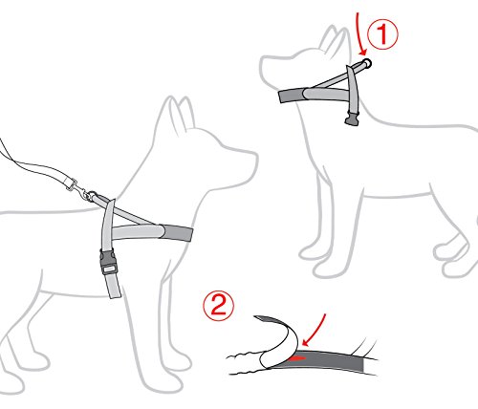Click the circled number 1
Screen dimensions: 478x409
pos(382,34)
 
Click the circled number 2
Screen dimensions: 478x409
pos(219,308)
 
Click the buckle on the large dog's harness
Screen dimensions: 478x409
pos(108,262)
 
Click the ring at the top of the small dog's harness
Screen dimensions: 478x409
pos(367,64)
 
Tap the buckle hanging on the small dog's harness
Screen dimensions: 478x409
pos(352,118)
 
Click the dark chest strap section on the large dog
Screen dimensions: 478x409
pos(177,232)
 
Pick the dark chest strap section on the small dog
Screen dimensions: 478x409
pos(292,96)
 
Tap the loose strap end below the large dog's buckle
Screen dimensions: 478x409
pos(114,286)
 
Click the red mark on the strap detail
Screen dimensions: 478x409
pos(297,358)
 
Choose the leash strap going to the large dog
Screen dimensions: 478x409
pos(38,169)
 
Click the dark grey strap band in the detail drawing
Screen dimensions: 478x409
pos(332,360)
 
